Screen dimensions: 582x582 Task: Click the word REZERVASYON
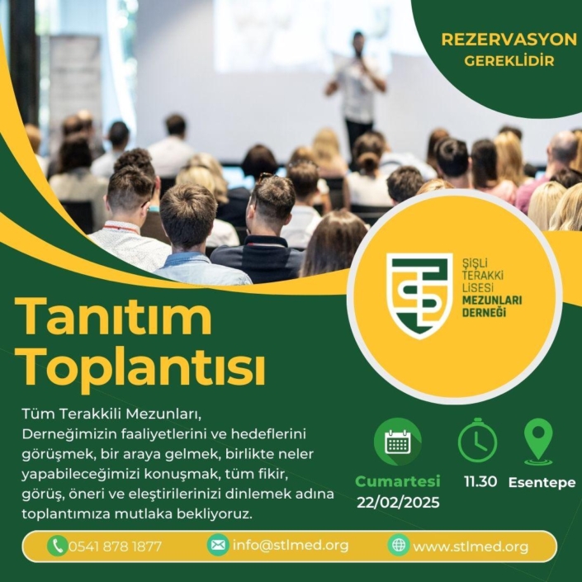[x=509, y=40]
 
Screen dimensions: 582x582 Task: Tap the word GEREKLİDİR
[x=509, y=61]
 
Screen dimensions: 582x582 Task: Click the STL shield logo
[x=419, y=296]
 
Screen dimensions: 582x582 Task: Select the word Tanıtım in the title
[x=113, y=317]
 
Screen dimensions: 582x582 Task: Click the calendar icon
[x=398, y=442]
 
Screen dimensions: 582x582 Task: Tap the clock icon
[x=477, y=440]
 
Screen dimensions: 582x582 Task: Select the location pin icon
[x=538, y=442]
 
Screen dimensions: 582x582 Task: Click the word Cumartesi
[x=398, y=481]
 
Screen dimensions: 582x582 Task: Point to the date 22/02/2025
[x=398, y=502]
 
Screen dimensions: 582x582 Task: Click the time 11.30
[x=480, y=481]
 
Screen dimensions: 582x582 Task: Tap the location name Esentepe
[x=542, y=482]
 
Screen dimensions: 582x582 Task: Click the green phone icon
[x=58, y=546]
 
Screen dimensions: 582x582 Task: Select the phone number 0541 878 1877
[x=115, y=547]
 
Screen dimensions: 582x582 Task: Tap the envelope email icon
[x=218, y=545]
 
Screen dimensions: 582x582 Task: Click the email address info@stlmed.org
[x=291, y=545]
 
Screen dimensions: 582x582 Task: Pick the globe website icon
[x=399, y=545]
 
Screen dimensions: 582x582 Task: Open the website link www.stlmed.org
[x=471, y=547]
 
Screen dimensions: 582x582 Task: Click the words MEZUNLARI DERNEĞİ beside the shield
[x=491, y=305]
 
